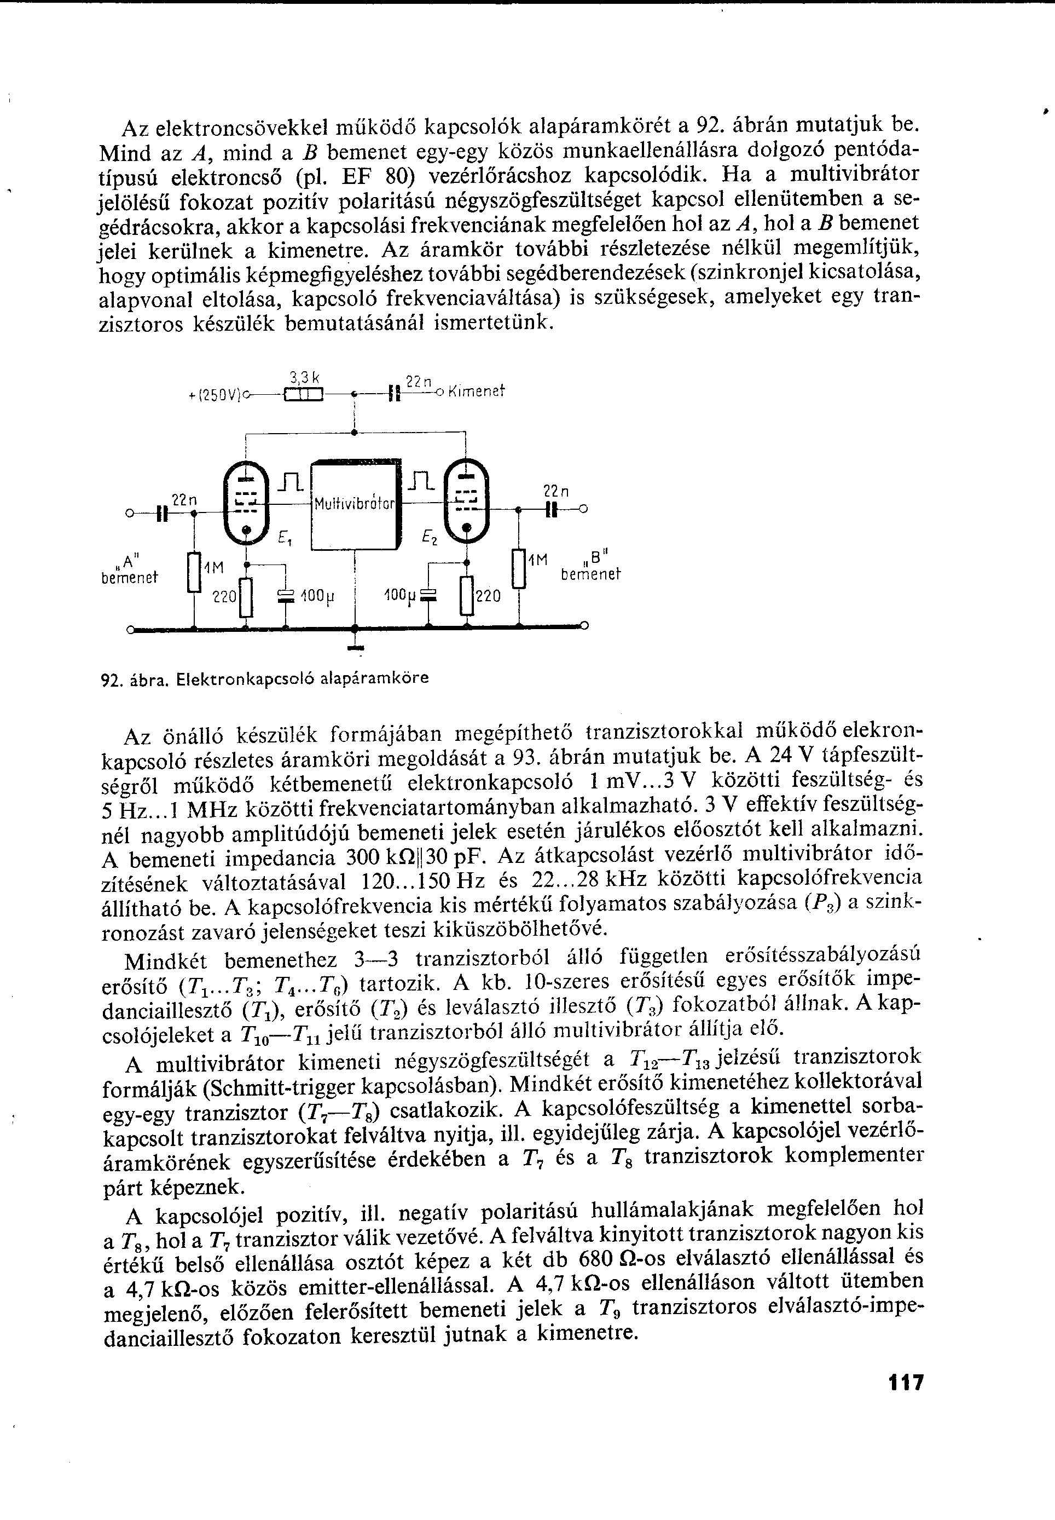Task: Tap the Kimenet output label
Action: pos(476,391)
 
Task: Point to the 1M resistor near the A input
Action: pos(194,573)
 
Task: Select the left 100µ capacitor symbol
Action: pos(286,595)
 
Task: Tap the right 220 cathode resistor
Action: pos(467,595)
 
